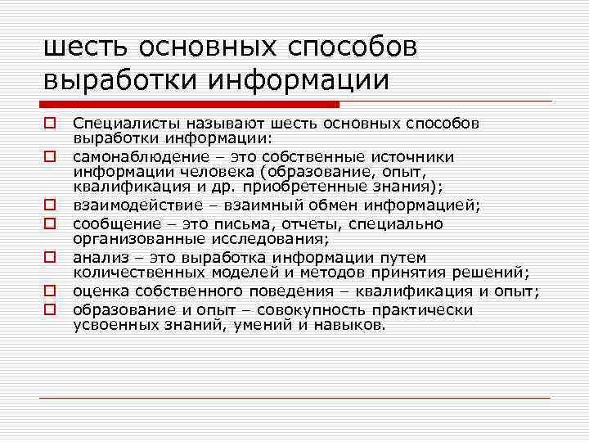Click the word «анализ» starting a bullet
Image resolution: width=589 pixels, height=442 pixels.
click(x=95, y=257)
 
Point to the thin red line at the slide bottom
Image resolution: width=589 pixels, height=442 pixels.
click(x=294, y=398)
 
